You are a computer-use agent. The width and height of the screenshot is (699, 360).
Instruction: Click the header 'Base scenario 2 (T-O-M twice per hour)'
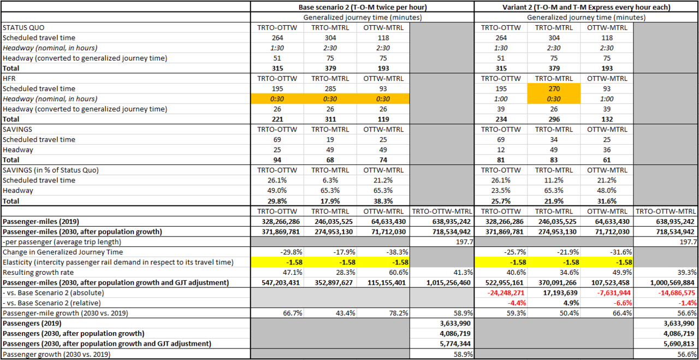(x=363, y=7)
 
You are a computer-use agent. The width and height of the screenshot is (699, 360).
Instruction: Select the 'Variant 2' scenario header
(x=586, y=7)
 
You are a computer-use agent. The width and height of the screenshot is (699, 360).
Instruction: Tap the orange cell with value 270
(x=554, y=88)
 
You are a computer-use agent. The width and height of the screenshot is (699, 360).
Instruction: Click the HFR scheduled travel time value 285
(x=331, y=88)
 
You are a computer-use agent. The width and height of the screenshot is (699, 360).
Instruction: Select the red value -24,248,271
(x=501, y=293)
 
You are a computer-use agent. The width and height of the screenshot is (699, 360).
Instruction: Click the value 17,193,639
(x=554, y=293)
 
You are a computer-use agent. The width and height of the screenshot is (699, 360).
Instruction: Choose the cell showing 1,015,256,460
(x=441, y=283)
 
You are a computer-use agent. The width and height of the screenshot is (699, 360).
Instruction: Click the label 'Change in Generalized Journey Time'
(x=63, y=252)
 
